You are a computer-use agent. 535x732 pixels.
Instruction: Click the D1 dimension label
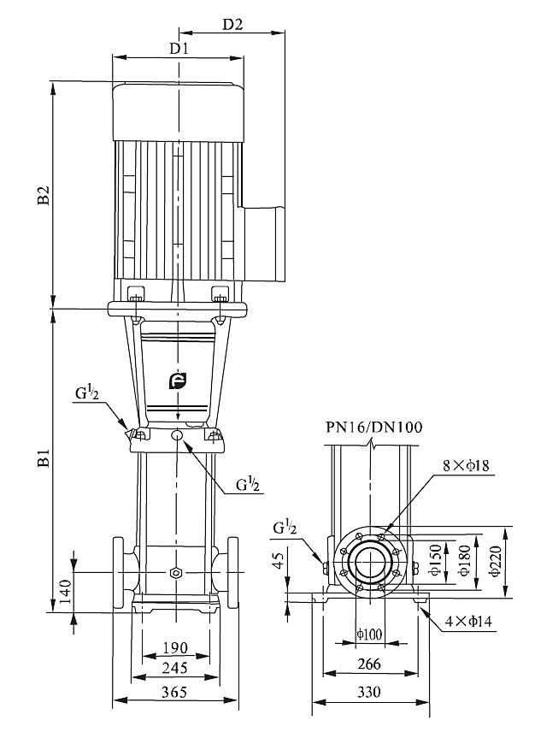coord(178,49)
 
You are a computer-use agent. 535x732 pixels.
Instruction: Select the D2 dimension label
coord(232,25)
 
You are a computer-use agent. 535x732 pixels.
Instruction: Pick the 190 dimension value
coord(175,646)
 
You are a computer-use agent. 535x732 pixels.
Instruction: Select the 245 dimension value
coord(175,668)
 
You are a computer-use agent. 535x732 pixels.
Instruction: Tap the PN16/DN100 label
coord(372,427)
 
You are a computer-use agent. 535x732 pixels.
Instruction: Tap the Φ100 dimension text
coord(370,634)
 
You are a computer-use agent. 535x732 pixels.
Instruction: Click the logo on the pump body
coord(177,381)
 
